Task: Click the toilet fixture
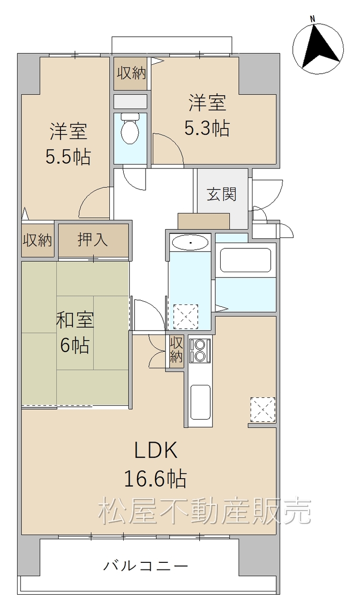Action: point(130,128)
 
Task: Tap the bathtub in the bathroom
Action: point(245,259)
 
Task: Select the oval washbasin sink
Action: point(190,242)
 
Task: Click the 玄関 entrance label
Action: point(222,194)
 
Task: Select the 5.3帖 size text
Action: point(207,128)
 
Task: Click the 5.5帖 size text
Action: point(68,157)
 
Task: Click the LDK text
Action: point(156,451)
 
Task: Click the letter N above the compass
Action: point(313,19)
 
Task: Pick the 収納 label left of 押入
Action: point(37,240)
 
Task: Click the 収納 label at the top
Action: point(132,73)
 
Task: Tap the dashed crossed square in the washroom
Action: point(186,317)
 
